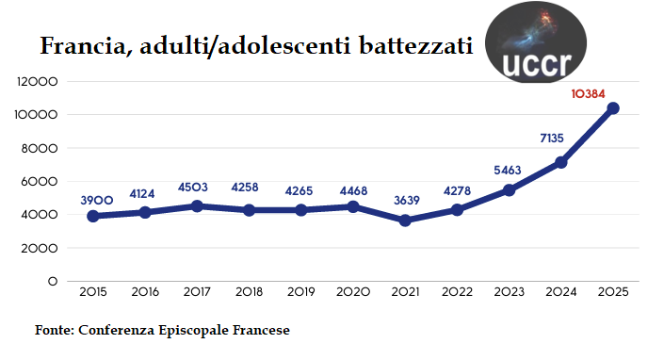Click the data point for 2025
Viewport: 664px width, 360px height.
pyautogui.click(x=613, y=108)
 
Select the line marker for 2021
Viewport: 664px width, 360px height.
pyautogui.click(x=405, y=221)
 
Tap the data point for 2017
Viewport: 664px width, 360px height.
pyautogui.click(x=196, y=205)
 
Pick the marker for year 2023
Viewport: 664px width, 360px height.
pyautogui.click(x=509, y=189)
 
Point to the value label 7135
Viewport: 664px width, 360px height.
pyautogui.click(x=551, y=139)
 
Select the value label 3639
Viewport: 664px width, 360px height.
pyautogui.click(x=405, y=200)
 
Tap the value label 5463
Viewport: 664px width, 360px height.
pyautogui.click(x=509, y=170)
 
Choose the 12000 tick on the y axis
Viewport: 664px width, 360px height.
pyautogui.click(x=40, y=82)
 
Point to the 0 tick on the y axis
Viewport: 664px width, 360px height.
pyautogui.click(x=53, y=282)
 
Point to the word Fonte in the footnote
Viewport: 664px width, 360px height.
pyautogui.click(x=54, y=331)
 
